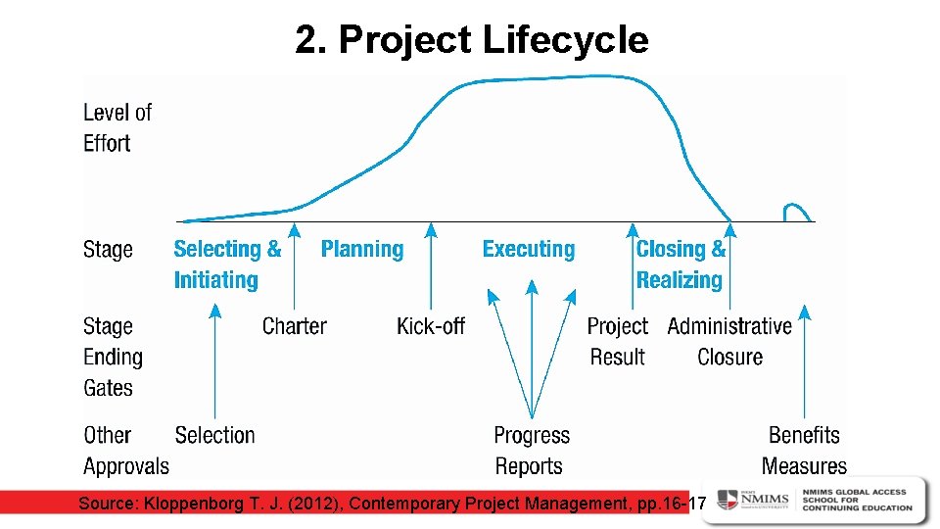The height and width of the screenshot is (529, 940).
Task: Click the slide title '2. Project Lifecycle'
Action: point(471,40)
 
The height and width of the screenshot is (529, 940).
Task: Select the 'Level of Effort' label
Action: point(117,127)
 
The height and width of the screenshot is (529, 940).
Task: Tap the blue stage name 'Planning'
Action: point(361,249)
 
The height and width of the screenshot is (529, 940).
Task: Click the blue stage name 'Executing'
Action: point(528,249)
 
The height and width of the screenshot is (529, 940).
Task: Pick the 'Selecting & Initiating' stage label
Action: point(227,264)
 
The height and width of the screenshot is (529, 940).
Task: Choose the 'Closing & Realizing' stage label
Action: point(681,264)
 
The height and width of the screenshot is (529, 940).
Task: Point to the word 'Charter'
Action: point(294,326)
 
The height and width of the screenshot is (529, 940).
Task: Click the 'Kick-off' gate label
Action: point(430,326)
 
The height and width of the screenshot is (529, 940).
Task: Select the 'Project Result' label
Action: point(617,341)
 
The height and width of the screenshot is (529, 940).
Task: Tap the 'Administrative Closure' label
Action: point(729,341)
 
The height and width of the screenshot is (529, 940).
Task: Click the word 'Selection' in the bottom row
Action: point(214,435)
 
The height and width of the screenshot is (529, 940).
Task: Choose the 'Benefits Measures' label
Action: point(804,451)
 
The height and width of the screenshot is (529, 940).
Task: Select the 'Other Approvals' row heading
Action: point(125,451)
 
